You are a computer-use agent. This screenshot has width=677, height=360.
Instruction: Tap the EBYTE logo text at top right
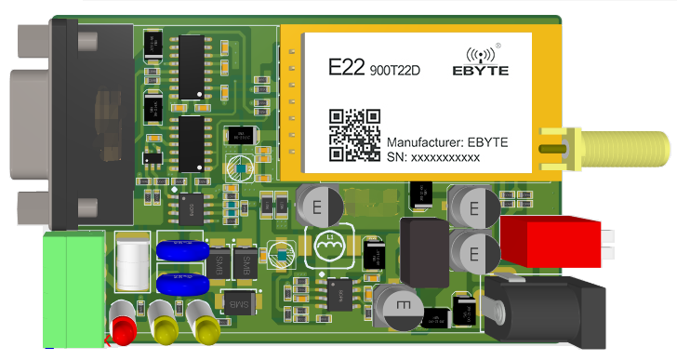(x=481, y=69)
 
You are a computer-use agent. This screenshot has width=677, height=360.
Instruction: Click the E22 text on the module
(x=347, y=68)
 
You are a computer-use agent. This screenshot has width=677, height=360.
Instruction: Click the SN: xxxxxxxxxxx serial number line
(x=432, y=159)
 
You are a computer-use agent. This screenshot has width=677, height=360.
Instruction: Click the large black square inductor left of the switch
(x=423, y=252)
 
